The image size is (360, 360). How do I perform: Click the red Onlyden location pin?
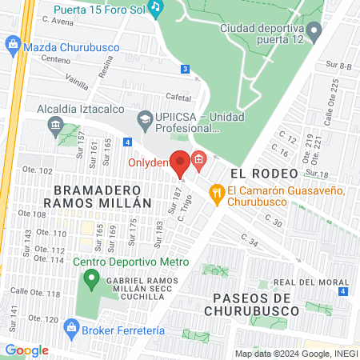point(181,161)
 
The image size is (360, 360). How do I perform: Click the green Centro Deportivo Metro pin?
point(91,280)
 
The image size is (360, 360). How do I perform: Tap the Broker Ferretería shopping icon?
point(72,326)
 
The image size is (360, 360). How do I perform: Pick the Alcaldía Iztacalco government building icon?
point(56,125)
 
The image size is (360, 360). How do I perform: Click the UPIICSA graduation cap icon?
point(145,121)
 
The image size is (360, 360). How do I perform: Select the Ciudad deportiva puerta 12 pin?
point(314,33)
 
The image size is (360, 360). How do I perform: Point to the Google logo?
point(26,350)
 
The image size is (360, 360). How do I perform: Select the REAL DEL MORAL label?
point(311,282)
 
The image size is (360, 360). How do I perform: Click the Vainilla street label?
point(78,80)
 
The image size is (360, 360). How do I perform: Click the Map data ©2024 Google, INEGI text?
point(296,354)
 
